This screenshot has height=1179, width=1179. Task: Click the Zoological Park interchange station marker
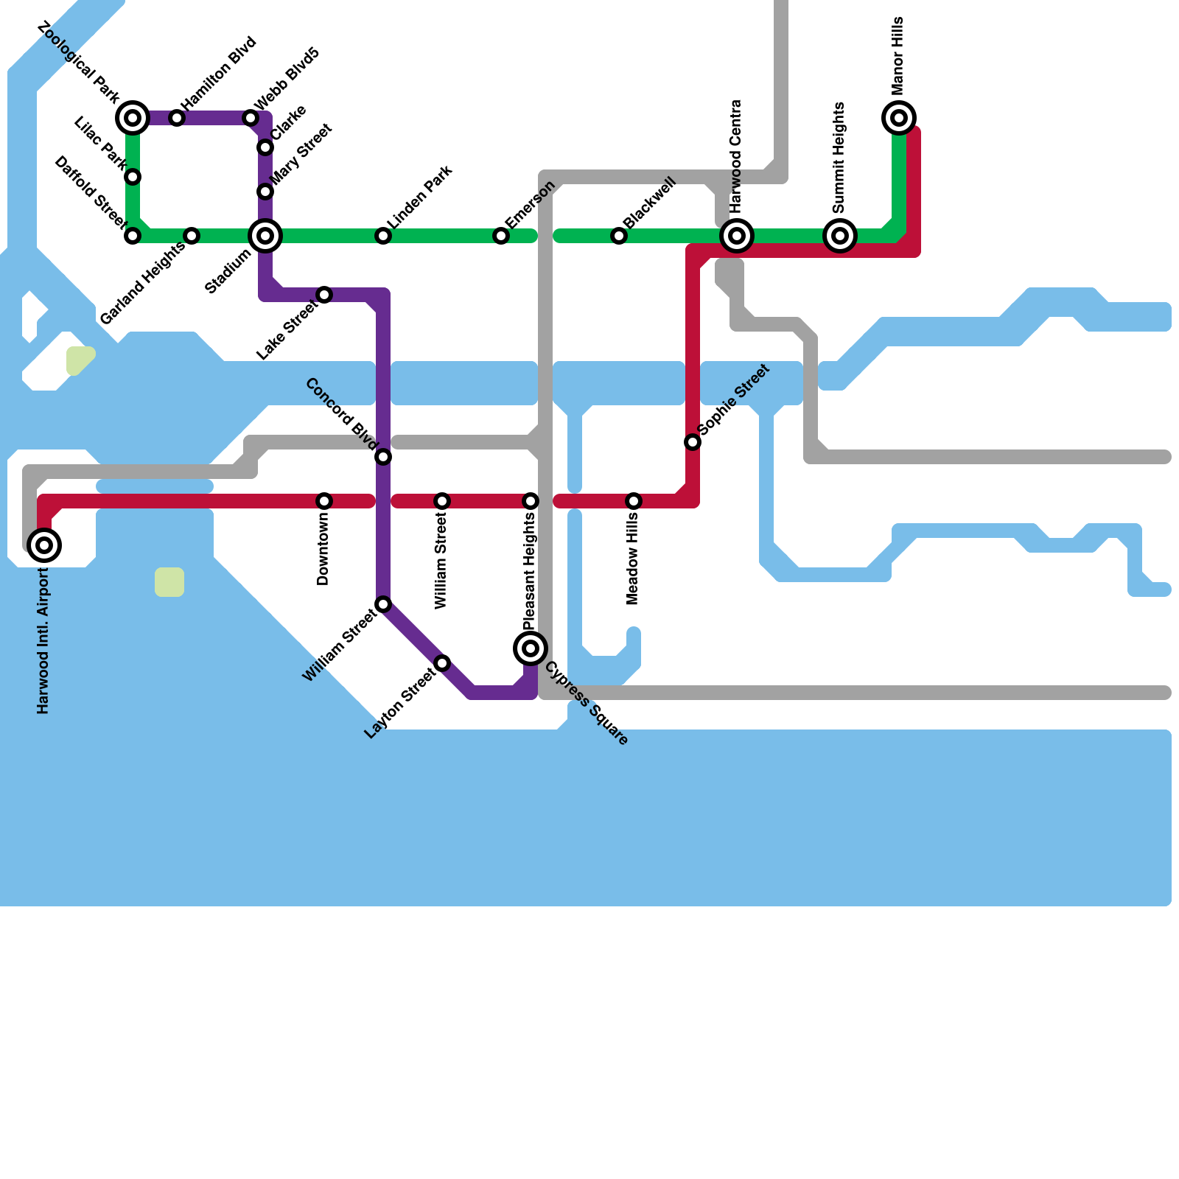tap(133, 118)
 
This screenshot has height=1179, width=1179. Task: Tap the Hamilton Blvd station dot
tap(177, 118)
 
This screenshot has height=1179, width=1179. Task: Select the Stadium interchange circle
tap(265, 236)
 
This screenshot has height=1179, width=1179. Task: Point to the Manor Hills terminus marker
tap(899, 118)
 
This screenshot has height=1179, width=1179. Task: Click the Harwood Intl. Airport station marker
tap(44, 545)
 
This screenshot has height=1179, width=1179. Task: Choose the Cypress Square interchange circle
tap(531, 648)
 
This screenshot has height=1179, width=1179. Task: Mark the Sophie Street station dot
tap(693, 442)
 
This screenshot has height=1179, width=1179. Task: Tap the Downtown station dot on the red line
tap(324, 501)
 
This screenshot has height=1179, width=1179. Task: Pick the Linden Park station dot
tap(383, 236)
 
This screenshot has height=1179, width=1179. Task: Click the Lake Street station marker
tap(324, 295)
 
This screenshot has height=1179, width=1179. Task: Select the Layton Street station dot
tap(442, 663)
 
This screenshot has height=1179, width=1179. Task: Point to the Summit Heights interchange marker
tap(840, 236)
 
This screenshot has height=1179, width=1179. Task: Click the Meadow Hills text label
tap(633, 560)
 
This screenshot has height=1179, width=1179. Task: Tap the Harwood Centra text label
tap(736, 156)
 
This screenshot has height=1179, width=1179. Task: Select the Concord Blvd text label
tap(341, 413)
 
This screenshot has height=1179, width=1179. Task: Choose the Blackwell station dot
tap(619, 236)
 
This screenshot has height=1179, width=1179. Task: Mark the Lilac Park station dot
tap(133, 177)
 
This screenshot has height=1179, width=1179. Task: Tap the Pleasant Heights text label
tap(530, 572)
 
